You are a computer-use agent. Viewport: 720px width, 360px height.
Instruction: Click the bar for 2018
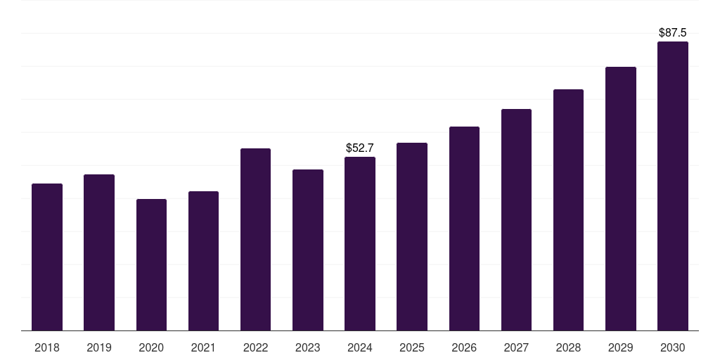[x=47, y=257]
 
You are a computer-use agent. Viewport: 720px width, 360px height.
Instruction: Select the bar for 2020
[x=151, y=264]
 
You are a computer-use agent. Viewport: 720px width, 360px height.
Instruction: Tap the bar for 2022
[x=255, y=239]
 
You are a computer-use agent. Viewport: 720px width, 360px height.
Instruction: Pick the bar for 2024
[x=360, y=243]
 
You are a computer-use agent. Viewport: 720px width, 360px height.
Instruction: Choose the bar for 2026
[x=464, y=229]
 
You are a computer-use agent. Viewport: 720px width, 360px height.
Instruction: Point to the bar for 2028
[x=568, y=210]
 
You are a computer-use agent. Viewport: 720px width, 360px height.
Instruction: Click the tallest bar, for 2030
[x=673, y=186]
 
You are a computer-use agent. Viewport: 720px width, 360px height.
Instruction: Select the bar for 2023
[x=308, y=250]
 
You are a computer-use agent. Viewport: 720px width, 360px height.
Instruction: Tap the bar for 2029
[x=621, y=198]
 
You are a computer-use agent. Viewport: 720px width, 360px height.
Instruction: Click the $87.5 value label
[x=673, y=32]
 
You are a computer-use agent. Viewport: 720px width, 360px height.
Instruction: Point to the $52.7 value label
[x=360, y=148]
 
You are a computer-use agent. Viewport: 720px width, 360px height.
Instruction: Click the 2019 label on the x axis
[x=99, y=347]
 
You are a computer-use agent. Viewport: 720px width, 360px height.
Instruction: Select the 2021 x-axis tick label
[x=203, y=347]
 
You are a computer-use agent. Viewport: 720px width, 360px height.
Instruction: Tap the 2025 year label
[x=412, y=347]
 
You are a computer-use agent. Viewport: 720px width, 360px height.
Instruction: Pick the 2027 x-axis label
[x=516, y=347]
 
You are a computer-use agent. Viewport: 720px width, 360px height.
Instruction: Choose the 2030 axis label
[x=673, y=347]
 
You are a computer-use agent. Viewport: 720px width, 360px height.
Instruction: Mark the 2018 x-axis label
[x=47, y=347]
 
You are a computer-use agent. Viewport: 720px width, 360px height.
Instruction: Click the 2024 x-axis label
[x=360, y=347]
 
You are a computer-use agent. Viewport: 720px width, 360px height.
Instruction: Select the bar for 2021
[x=203, y=261]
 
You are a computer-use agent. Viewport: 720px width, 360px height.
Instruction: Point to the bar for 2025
[x=412, y=236]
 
